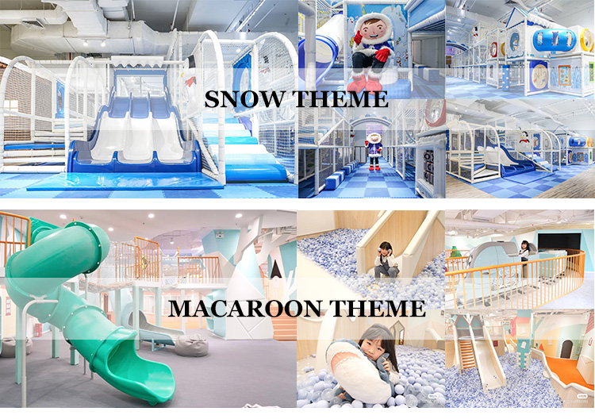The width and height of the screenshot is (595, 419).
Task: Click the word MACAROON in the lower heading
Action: coord(263,307)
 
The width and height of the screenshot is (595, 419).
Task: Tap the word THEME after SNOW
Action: coord(344,100)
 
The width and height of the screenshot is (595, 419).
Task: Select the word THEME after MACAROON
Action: coord(382,307)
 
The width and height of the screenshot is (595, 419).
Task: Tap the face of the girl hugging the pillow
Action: coord(377,348)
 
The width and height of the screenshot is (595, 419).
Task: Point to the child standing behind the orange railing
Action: coord(524,258)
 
